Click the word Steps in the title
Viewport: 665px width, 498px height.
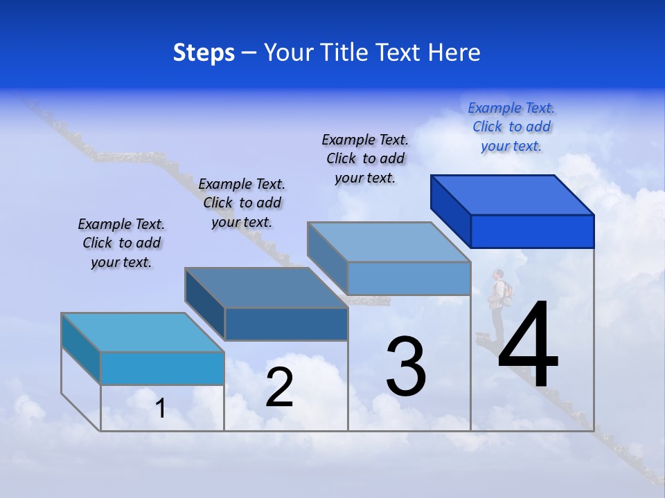204,53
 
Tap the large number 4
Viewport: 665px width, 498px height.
528,346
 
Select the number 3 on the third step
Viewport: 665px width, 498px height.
406,367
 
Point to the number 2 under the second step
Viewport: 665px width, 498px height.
279,388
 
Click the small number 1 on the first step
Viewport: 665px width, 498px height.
161,409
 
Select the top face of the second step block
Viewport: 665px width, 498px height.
267,288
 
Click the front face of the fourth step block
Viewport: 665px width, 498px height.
532,231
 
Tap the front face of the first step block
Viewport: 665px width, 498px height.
162,368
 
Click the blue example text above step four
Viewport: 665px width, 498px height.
511,127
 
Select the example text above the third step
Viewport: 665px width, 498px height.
365,158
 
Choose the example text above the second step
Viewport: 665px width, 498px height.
242,203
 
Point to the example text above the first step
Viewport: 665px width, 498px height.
121,243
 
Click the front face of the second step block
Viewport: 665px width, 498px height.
286,324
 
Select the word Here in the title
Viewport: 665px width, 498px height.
454,53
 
